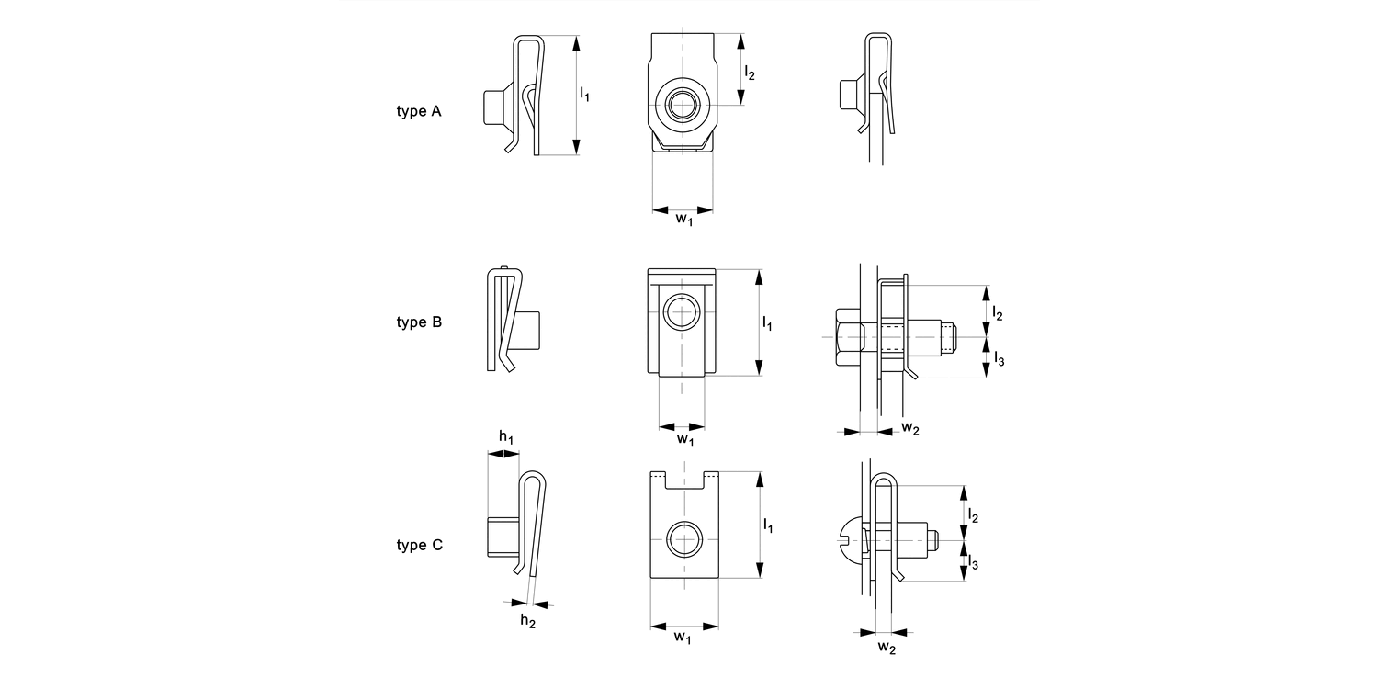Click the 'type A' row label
(x=419, y=111)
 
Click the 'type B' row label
(x=419, y=322)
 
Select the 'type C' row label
(x=419, y=545)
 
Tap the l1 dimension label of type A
(x=584, y=93)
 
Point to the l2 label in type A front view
(x=750, y=73)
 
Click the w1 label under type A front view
(x=683, y=220)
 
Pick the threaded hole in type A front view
(x=682, y=105)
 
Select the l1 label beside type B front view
(x=767, y=323)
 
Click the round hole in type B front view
(x=682, y=311)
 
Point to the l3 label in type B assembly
(x=999, y=359)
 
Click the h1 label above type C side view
(x=506, y=437)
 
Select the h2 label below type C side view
(x=527, y=621)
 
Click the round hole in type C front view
(x=683, y=538)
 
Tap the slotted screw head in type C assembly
(x=852, y=541)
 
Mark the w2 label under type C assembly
(x=886, y=648)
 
